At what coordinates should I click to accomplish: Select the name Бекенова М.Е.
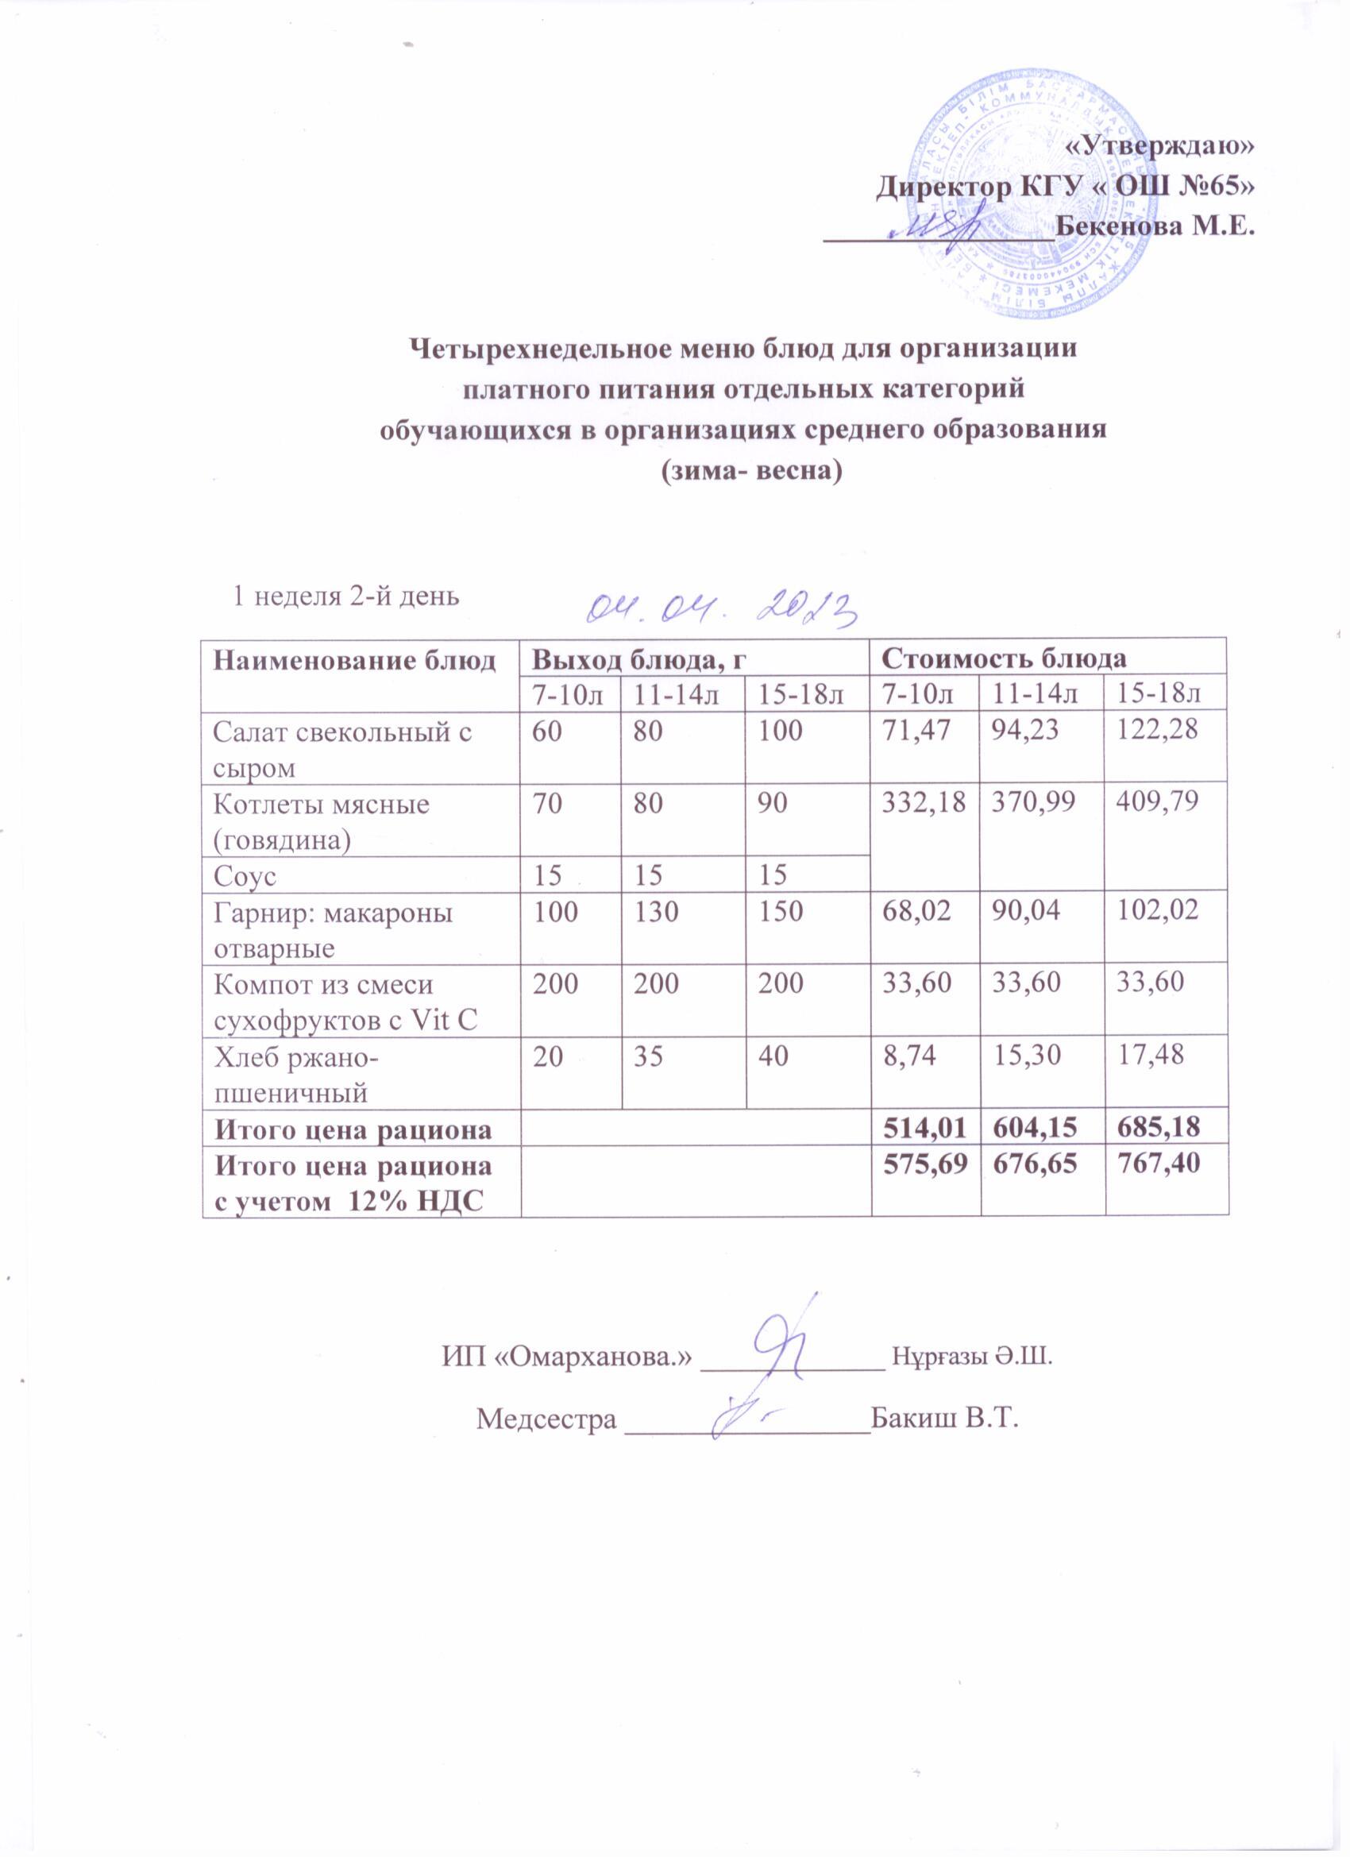(1155, 224)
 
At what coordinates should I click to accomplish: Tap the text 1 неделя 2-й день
(346, 595)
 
